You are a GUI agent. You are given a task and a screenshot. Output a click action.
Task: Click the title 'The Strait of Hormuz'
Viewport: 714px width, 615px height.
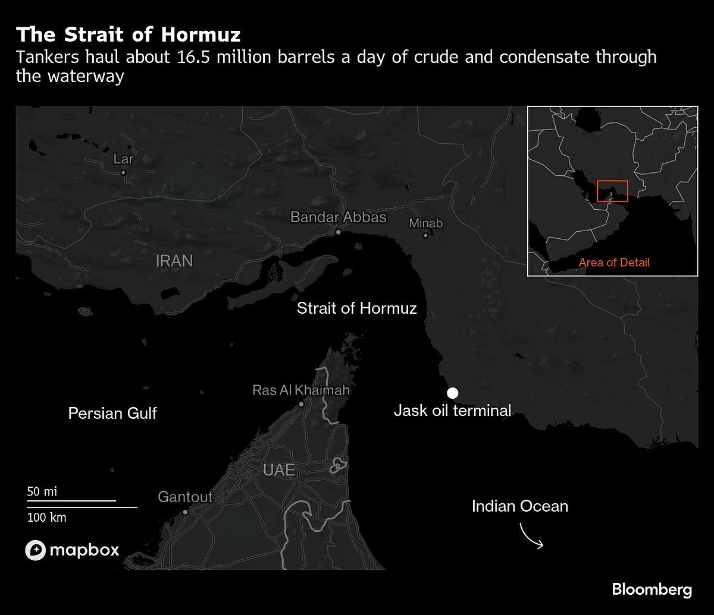[129, 34]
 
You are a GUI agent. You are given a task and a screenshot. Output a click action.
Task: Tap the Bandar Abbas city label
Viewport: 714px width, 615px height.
[338, 217]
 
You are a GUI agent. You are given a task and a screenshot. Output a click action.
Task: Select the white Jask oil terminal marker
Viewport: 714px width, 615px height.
[453, 392]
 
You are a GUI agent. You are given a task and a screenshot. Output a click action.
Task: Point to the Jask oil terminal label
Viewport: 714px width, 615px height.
[452, 410]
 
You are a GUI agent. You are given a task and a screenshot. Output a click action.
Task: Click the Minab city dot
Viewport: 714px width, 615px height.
[425, 235]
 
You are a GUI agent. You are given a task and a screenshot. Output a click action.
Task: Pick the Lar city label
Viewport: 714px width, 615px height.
[124, 159]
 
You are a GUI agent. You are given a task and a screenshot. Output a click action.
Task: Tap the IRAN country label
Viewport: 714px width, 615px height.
[174, 260]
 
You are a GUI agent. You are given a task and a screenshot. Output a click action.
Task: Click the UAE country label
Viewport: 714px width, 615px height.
[279, 470]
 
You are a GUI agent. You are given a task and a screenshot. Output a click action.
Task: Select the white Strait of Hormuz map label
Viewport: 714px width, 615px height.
[357, 308]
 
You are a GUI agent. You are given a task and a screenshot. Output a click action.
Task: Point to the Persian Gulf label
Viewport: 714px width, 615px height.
[112, 413]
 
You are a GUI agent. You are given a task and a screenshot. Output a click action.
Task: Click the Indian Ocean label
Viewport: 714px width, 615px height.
[520, 506]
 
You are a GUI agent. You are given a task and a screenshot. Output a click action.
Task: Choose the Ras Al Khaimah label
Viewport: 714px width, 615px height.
[301, 390]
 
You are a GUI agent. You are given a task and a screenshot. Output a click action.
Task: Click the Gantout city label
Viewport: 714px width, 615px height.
[185, 497]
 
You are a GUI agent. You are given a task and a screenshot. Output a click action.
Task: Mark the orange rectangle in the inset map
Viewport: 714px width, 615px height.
[613, 191]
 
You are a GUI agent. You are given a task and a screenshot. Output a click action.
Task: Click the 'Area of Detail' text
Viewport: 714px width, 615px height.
[615, 262]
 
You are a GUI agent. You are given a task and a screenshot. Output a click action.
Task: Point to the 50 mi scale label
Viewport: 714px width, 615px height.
[42, 492]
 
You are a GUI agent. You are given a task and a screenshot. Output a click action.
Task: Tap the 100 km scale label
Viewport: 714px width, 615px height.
[46, 517]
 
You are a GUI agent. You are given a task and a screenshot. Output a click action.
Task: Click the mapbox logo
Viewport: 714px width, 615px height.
[72, 550]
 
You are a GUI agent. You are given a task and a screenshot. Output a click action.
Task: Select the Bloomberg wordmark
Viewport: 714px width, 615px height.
[652, 589]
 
